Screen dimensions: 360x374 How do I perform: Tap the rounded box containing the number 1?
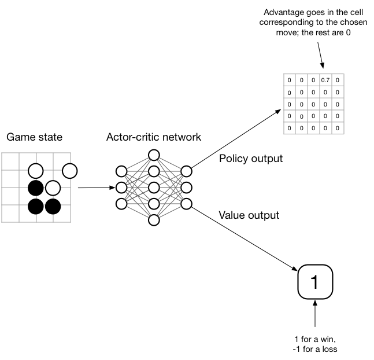tap(314, 282)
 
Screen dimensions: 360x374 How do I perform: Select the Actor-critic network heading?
tap(153, 138)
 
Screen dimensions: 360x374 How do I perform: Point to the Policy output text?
tap(250, 159)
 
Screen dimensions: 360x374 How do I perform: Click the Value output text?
tap(249, 215)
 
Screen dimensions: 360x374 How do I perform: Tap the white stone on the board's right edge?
tap(70, 171)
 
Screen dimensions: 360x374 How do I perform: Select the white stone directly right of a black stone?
tap(53, 188)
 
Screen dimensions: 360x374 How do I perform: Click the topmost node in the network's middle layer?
tap(154, 155)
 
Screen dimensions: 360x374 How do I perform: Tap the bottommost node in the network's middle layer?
tap(154, 220)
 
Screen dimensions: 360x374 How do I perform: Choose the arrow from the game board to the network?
tap(95, 188)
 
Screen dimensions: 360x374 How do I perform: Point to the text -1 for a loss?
tap(314, 349)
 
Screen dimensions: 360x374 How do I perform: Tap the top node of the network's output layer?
tap(186, 171)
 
